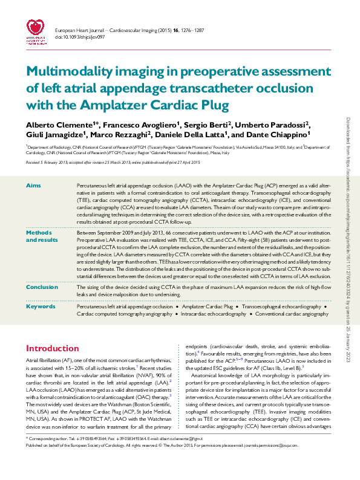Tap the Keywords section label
(x=40, y=306)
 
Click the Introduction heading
(x=52, y=349)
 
